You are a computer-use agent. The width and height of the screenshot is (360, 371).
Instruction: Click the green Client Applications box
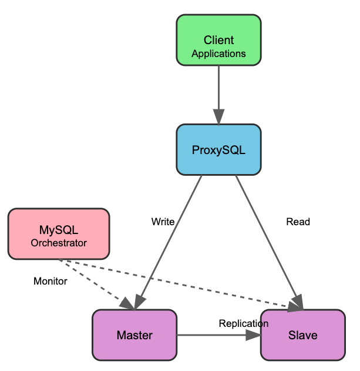(218, 40)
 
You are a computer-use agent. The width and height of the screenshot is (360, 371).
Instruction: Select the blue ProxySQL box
(218, 149)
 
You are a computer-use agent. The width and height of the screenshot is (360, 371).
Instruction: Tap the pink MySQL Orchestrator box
(59, 234)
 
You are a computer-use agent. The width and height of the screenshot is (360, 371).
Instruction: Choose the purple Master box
(134, 335)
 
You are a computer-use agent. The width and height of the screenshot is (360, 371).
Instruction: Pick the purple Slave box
(302, 335)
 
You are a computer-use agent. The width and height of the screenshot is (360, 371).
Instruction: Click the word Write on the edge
(163, 222)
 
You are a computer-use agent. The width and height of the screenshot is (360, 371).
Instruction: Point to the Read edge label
(298, 222)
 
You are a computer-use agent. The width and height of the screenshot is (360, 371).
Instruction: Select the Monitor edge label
(51, 281)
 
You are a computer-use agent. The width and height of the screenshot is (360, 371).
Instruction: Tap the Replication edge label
(243, 323)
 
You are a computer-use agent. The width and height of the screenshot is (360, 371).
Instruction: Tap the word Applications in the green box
(218, 54)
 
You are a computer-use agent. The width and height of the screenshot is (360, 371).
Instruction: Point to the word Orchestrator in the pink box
(59, 243)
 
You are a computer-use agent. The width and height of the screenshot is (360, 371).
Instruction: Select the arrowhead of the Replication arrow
(253, 335)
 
